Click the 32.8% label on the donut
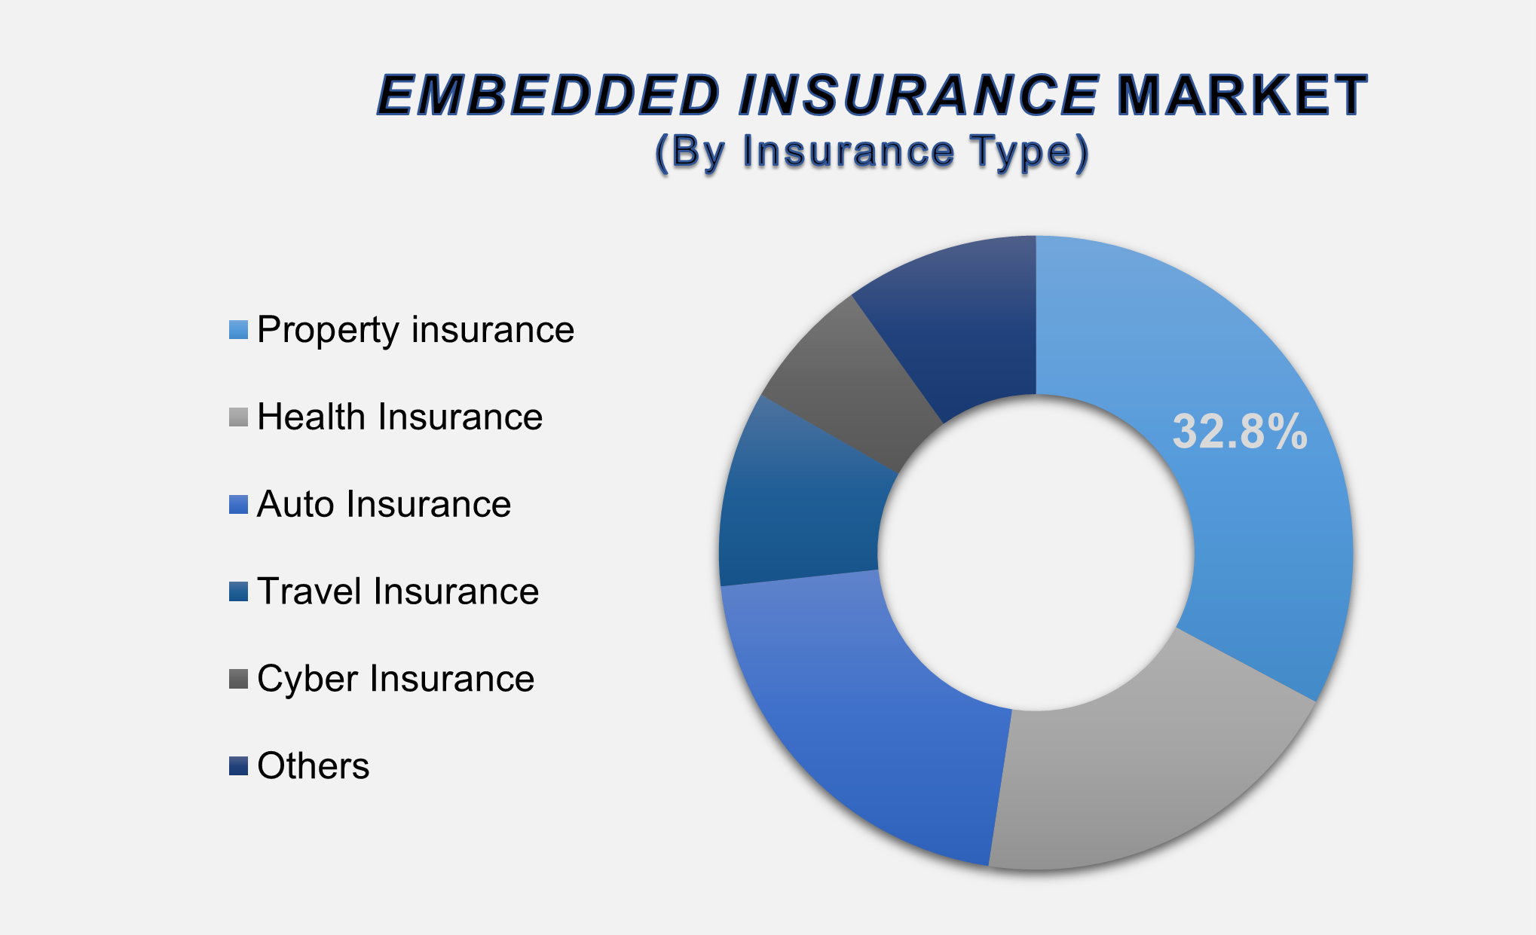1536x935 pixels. pyautogui.click(x=1239, y=432)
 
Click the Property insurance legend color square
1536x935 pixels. pyautogui.click(x=238, y=330)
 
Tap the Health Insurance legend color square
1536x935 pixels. pyautogui.click(x=238, y=417)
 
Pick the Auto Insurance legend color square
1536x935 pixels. pyautogui.click(x=238, y=505)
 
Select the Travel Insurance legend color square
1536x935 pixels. pyautogui.click(x=238, y=591)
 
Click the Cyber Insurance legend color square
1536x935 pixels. pyautogui.click(x=238, y=679)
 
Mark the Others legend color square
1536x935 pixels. pyautogui.click(x=238, y=766)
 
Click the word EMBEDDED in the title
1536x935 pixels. pyautogui.click(x=548, y=96)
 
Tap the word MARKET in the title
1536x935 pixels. pyautogui.click(x=1241, y=96)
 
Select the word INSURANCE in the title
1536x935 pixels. pyautogui.click(x=918, y=96)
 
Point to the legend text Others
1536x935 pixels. pyautogui.click(x=313, y=766)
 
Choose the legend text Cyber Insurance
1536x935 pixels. pyautogui.click(x=396, y=679)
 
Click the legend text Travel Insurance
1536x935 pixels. pyautogui.click(x=398, y=591)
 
